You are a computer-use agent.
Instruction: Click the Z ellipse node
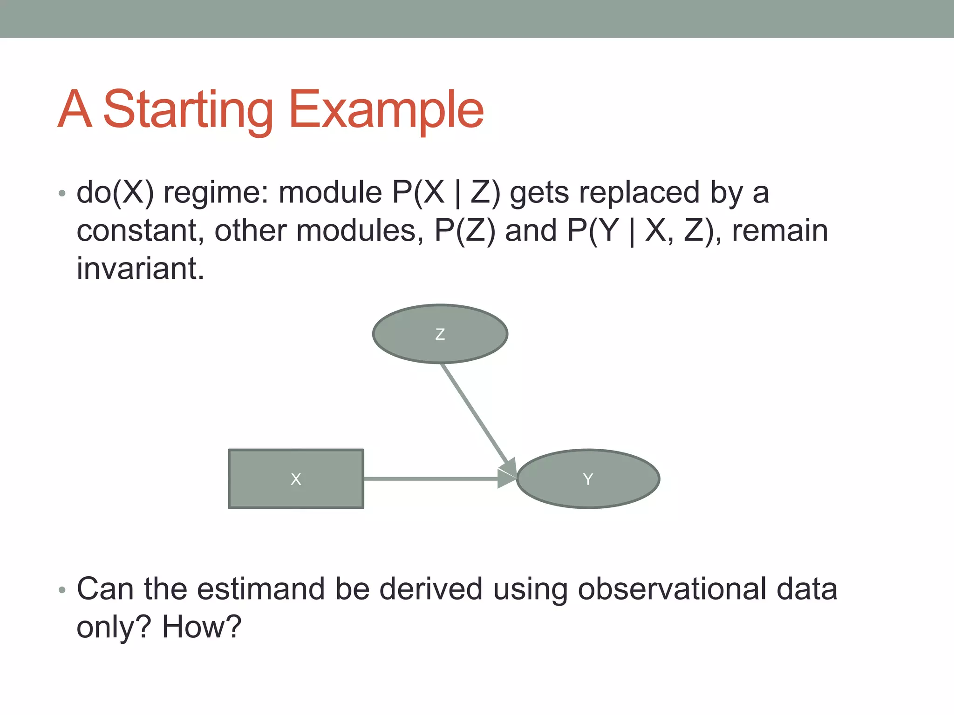440,334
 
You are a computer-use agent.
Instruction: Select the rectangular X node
296,479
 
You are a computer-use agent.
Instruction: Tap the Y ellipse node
588,479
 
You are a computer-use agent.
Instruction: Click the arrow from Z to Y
475,414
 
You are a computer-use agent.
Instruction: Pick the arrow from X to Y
429,479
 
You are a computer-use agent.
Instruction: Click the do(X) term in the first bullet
115,192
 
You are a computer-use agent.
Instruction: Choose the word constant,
140,230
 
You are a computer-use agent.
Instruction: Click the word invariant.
140,269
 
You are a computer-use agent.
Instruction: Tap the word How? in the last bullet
201,627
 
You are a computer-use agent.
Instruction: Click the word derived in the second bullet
431,589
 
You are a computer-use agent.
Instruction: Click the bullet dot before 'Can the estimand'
62,591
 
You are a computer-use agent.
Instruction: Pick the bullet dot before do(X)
62,194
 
